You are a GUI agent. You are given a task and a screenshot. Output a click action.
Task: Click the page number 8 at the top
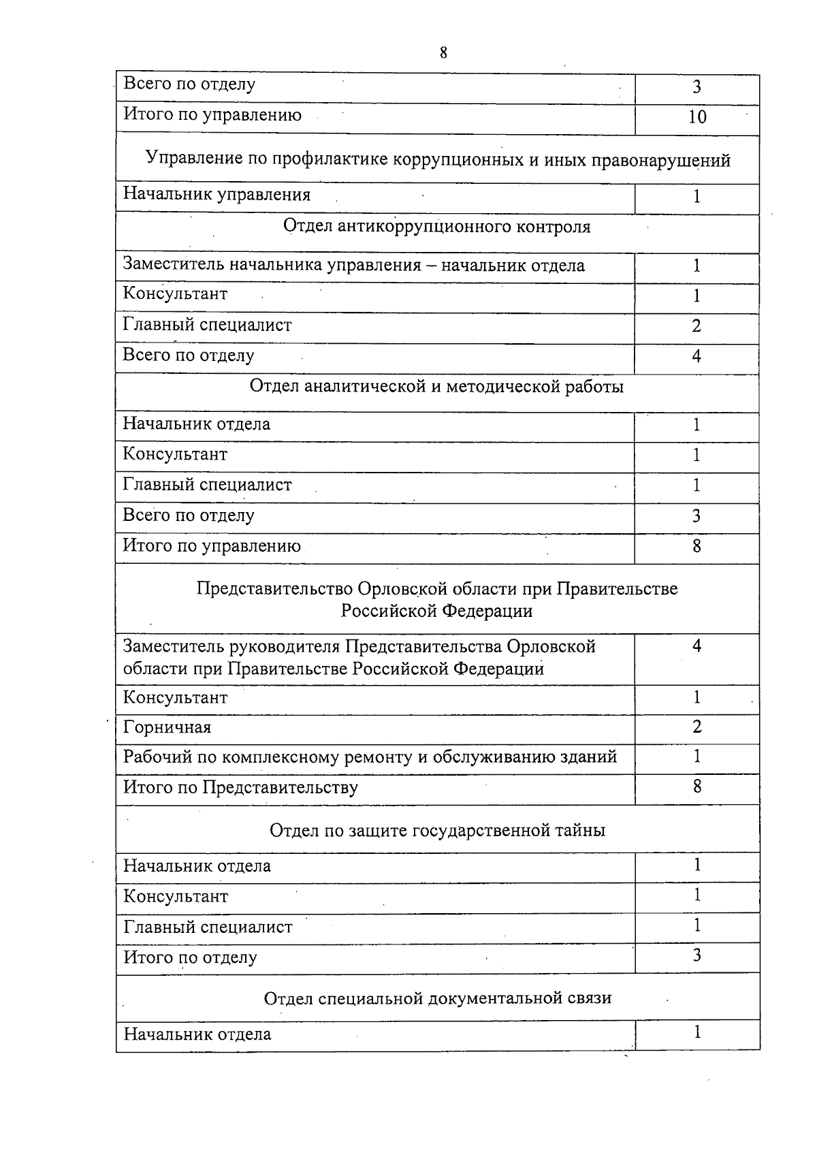[x=443, y=53]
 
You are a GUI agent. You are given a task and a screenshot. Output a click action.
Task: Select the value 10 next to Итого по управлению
[x=697, y=117]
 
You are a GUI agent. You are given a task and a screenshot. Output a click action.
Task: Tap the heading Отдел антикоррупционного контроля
[x=436, y=227]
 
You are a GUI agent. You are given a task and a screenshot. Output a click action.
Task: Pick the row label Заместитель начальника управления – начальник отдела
[x=353, y=266]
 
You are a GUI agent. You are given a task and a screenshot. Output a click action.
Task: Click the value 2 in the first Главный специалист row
[x=696, y=326]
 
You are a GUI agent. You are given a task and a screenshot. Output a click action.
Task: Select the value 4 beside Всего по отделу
[x=696, y=356]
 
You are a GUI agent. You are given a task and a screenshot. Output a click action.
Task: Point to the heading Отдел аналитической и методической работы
[x=436, y=387]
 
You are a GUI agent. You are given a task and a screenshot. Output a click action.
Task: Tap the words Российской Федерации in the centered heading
[x=436, y=611]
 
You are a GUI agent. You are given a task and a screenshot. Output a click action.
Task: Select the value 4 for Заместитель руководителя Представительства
[x=696, y=646]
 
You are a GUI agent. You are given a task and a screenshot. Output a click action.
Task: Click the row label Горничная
[x=167, y=728]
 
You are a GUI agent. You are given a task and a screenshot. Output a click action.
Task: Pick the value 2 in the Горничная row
[x=696, y=727]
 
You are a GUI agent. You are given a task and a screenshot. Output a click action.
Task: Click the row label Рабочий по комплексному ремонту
[x=370, y=757]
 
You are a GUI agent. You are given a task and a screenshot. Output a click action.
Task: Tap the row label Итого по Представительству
[x=240, y=788]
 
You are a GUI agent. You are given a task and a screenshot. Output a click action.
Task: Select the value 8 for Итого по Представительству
[x=696, y=786]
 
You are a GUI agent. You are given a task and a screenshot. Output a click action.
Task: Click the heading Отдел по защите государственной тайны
[x=437, y=831]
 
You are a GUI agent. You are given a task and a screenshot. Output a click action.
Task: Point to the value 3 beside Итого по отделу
[x=696, y=955]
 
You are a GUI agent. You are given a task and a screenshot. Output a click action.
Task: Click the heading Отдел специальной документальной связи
[x=437, y=998]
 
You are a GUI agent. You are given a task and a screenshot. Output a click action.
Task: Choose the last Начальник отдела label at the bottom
[x=197, y=1034]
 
